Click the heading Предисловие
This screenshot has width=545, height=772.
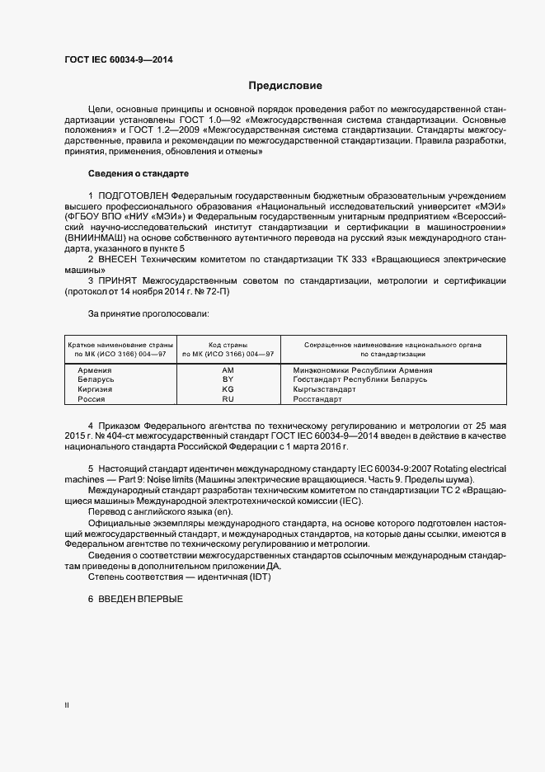pos(285,86)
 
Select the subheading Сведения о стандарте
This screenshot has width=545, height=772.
pos(139,174)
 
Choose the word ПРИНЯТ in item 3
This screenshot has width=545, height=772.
pos(120,280)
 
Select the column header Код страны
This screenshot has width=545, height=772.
pos(228,345)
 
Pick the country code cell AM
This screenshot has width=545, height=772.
pos(228,370)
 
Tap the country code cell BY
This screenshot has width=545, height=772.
pos(228,379)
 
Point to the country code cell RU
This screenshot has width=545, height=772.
pos(228,399)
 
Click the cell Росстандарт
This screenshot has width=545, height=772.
pos(317,399)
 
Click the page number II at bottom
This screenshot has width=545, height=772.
pos(68,705)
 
